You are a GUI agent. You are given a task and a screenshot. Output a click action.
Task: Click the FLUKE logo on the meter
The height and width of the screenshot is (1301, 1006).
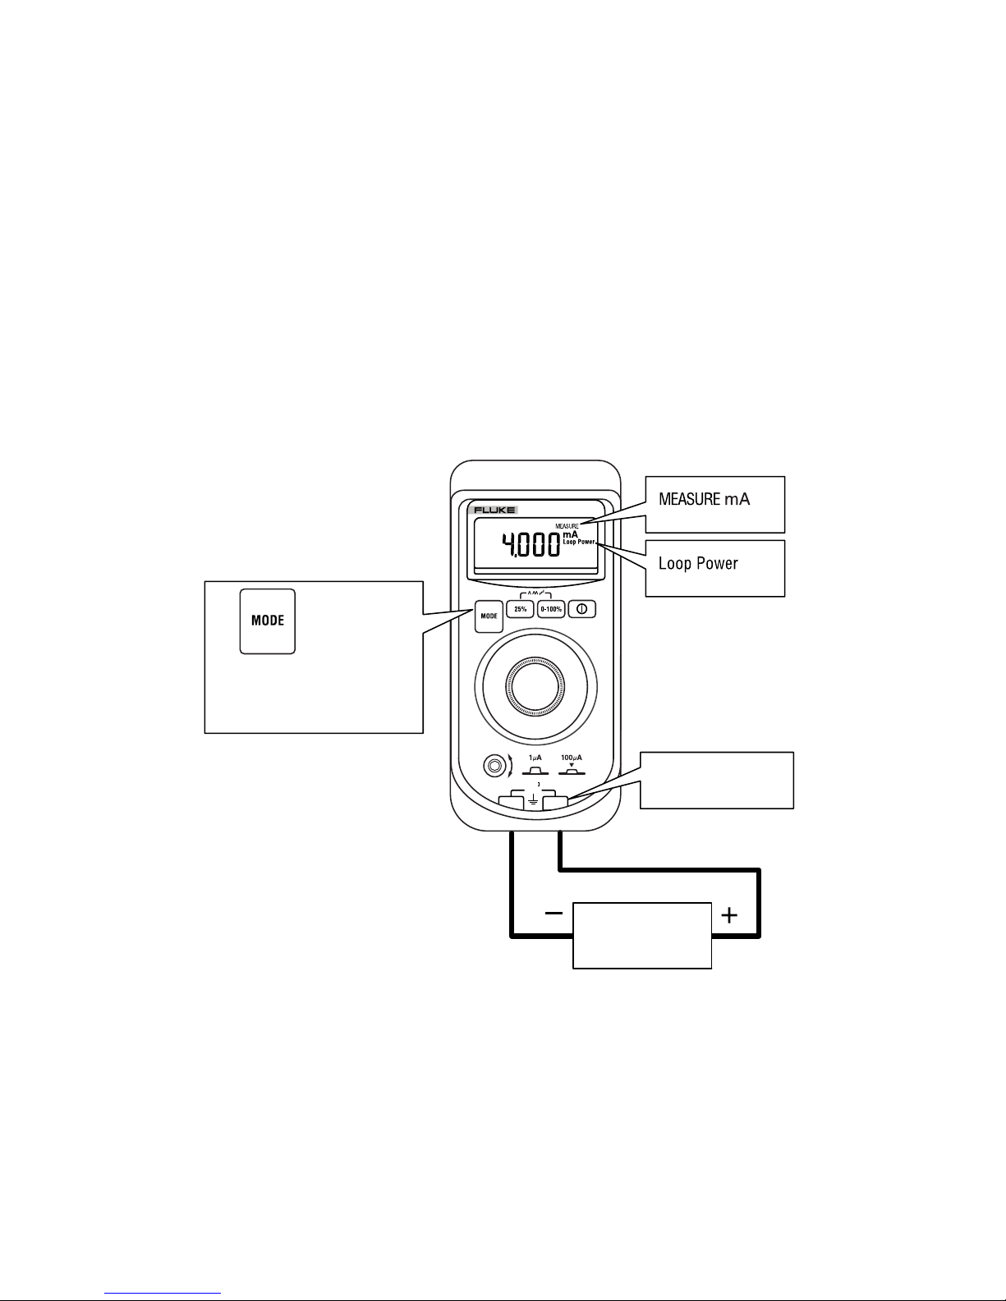pyautogui.click(x=494, y=510)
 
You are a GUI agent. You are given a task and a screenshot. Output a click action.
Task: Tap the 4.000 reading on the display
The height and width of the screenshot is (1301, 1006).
pyautogui.click(x=531, y=544)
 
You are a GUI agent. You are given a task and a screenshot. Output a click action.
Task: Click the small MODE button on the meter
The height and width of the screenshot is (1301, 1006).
pyautogui.click(x=489, y=616)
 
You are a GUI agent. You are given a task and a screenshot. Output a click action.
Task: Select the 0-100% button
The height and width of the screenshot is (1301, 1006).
pyautogui.click(x=550, y=609)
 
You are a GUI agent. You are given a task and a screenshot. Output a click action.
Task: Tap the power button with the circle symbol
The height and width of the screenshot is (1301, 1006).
pyautogui.click(x=581, y=610)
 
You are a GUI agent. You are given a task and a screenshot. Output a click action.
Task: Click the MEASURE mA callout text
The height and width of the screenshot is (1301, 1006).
pyautogui.click(x=704, y=498)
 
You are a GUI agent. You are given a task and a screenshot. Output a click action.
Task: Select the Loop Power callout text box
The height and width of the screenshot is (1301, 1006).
pyautogui.click(x=714, y=567)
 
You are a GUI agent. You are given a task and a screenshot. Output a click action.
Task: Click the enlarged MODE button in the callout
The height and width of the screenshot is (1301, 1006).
pyautogui.click(x=267, y=621)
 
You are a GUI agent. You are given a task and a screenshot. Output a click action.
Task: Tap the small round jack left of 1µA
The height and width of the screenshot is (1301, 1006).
pyautogui.click(x=494, y=766)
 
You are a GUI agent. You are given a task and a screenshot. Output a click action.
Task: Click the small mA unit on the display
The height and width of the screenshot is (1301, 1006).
pyautogui.click(x=570, y=534)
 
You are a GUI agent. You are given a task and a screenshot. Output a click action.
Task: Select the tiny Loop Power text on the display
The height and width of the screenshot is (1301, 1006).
pyautogui.click(x=578, y=542)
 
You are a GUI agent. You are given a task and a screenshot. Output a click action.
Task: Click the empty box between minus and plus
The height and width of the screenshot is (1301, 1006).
pyautogui.click(x=641, y=935)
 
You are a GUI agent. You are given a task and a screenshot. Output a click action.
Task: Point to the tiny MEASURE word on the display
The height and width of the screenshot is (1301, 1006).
pyautogui.click(x=567, y=525)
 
